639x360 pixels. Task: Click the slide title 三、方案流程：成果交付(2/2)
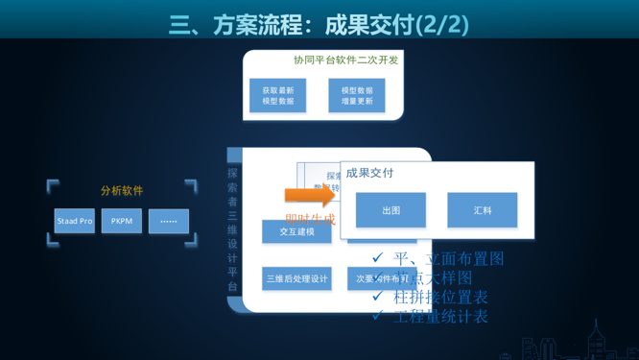pyautogui.click(x=319, y=24)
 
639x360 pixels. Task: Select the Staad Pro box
pyautogui.click(x=75, y=221)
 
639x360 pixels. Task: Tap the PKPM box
pyautogui.click(x=122, y=221)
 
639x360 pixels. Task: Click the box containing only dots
pyautogui.click(x=169, y=221)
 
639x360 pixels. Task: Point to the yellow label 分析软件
pyautogui.click(x=122, y=191)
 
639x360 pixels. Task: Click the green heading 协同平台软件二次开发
pyautogui.click(x=345, y=60)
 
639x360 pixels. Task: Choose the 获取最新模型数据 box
pyautogui.click(x=278, y=96)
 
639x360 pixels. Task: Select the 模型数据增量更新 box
pyautogui.click(x=357, y=96)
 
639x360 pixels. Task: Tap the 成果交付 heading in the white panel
pyautogui.click(x=370, y=173)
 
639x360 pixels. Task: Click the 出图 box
pyautogui.click(x=390, y=210)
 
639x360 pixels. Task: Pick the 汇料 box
pyautogui.click(x=482, y=210)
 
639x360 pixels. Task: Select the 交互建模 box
pyautogui.click(x=296, y=232)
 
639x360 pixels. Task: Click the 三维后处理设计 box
pyautogui.click(x=296, y=279)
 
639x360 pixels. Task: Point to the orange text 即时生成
pyautogui.click(x=310, y=220)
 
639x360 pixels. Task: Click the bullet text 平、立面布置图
pyautogui.click(x=449, y=258)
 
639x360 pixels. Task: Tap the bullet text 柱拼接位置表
pyautogui.click(x=440, y=297)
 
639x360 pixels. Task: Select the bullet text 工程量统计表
pyautogui.click(x=440, y=316)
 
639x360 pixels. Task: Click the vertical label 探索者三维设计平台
pyautogui.click(x=232, y=230)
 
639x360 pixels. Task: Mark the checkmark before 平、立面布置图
pyautogui.click(x=378, y=257)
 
